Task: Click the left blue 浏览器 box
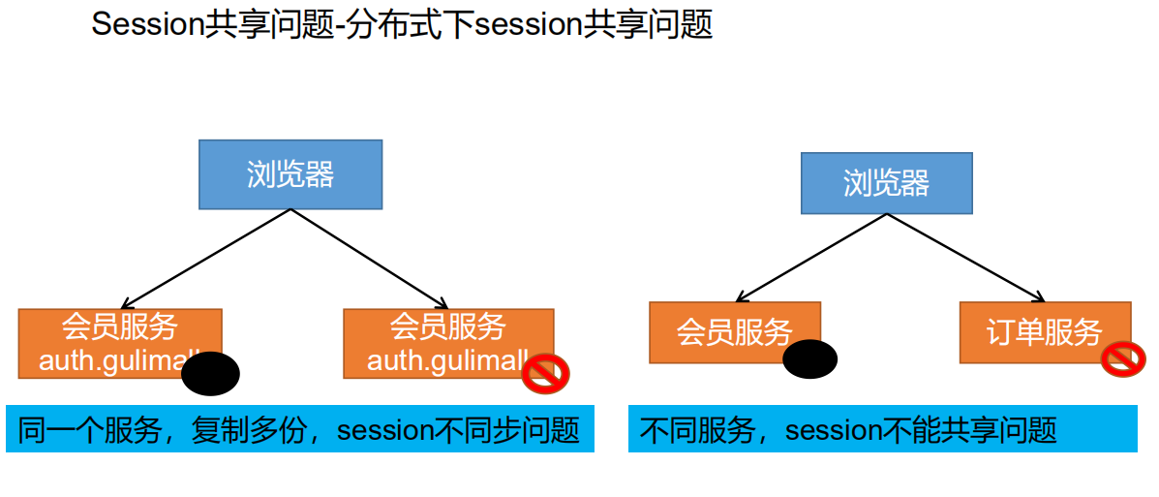click(290, 174)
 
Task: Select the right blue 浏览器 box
click(886, 182)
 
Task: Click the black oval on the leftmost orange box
click(210, 374)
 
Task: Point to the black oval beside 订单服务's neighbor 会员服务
click(809, 359)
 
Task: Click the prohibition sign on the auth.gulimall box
click(545, 373)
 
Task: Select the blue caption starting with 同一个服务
click(299, 429)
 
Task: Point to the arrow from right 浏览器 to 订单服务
click(965, 257)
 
